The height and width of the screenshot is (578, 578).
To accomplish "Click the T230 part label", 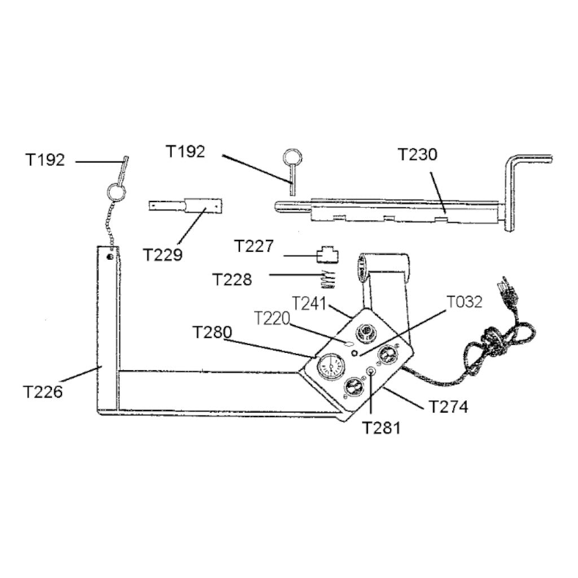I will [417, 154].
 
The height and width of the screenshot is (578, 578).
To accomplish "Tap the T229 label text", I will [163, 255].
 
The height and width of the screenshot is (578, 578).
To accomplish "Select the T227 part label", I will [254, 247].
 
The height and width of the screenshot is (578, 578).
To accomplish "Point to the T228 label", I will [232, 279].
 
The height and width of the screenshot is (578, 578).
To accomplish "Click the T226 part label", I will [43, 391].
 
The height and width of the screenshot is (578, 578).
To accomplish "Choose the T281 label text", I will [381, 427].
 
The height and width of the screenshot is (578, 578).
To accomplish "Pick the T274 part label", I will [448, 406].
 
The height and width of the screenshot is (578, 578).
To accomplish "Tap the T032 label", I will [465, 302].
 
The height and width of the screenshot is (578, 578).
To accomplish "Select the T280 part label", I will [212, 332].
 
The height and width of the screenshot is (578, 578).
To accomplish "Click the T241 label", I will [309, 303].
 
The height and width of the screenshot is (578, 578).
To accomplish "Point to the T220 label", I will [272, 318].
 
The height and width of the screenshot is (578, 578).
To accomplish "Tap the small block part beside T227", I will [327, 255].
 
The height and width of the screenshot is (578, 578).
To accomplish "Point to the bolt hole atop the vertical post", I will [110, 257].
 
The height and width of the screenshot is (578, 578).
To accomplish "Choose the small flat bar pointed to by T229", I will [186, 205].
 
